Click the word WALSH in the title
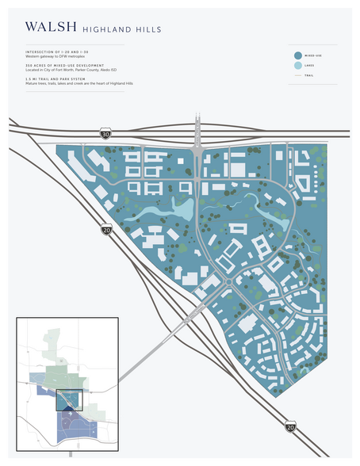pos(51,27)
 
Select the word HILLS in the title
pos(149,29)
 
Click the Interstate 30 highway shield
pos(105,134)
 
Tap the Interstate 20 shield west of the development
pos(105,230)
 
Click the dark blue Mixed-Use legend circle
pos(297,55)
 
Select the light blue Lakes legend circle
pos(297,67)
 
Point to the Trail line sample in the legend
pos(297,77)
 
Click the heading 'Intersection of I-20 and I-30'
pos(56,52)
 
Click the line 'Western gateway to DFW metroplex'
pos(54,56)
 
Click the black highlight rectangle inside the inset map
pos(69,398)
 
